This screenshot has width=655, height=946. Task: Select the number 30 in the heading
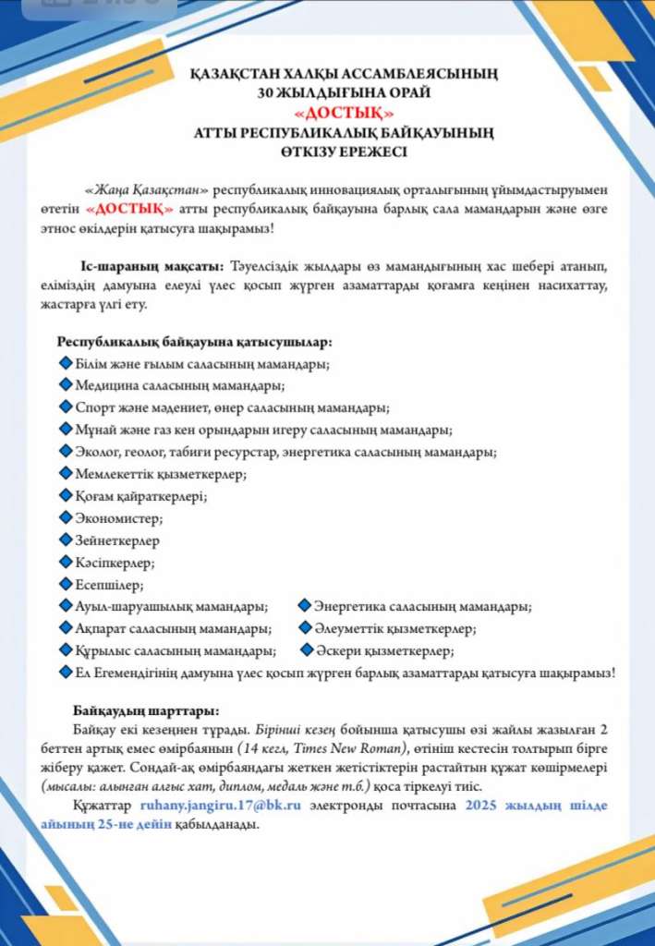pos(267,92)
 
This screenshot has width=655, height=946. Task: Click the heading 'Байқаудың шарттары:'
pos(146,711)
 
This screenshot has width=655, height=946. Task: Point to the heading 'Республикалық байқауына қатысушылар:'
pos(195,342)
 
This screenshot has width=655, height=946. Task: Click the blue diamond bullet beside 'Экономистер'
pos(66,517)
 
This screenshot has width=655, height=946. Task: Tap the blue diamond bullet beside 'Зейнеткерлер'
pos(66,540)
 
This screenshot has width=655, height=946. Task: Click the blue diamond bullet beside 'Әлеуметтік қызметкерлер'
pos(303,628)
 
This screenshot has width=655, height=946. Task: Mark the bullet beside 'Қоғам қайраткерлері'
pos(66,495)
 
